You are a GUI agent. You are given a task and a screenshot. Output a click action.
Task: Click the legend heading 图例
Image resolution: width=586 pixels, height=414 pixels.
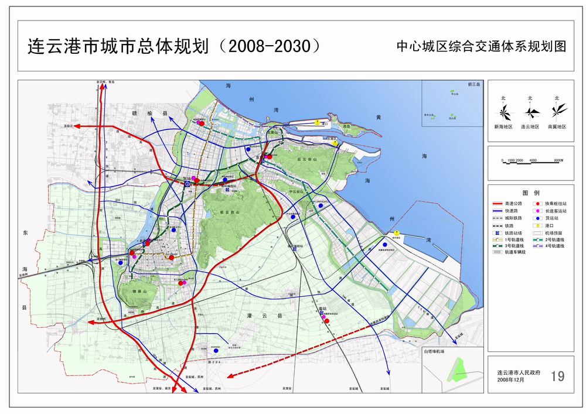pos(530,193)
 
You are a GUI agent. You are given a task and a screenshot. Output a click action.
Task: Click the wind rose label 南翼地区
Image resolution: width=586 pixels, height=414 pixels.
pos(557,126)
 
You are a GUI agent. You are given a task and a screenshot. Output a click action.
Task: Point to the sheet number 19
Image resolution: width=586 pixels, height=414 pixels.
pos(557,375)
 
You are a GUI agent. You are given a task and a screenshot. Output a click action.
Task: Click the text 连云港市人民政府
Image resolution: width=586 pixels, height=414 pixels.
pos(519,372)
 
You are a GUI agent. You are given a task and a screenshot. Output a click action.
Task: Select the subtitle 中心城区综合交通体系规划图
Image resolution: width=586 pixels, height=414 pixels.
pos(481,47)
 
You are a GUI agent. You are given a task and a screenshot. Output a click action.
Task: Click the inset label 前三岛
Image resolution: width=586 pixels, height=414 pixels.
pos(473,85)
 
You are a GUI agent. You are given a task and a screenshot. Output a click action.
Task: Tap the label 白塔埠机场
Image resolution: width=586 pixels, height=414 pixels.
pos(434,351)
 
